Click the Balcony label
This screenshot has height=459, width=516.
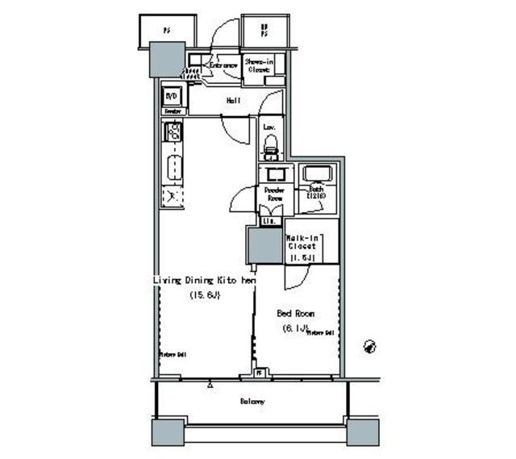point(252,401)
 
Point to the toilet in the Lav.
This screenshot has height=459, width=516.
point(271,147)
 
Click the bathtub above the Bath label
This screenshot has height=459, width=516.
point(313,174)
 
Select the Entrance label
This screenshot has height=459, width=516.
point(223,64)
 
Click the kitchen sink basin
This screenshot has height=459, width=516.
point(173,170)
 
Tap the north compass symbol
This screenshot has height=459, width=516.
point(370,345)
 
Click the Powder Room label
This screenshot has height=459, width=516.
point(269,194)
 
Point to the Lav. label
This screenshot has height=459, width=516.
point(269,127)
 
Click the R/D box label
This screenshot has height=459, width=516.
point(171,94)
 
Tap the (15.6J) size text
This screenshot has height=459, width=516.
point(205,295)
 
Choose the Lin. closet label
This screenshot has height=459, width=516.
point(268,220)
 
